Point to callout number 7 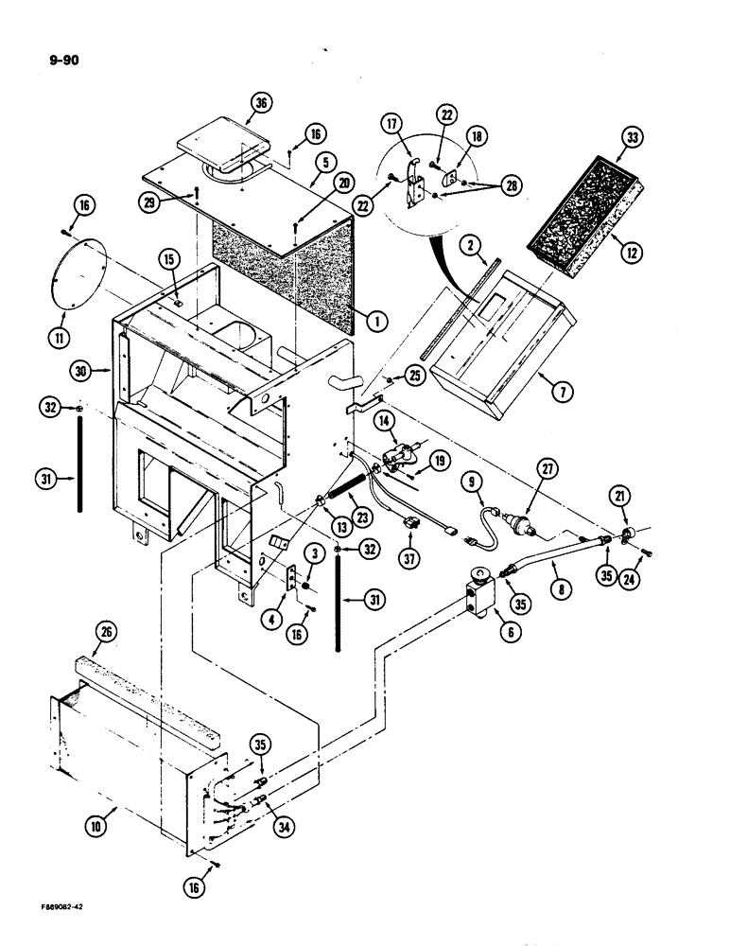[547, 378]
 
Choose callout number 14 [385, 419]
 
